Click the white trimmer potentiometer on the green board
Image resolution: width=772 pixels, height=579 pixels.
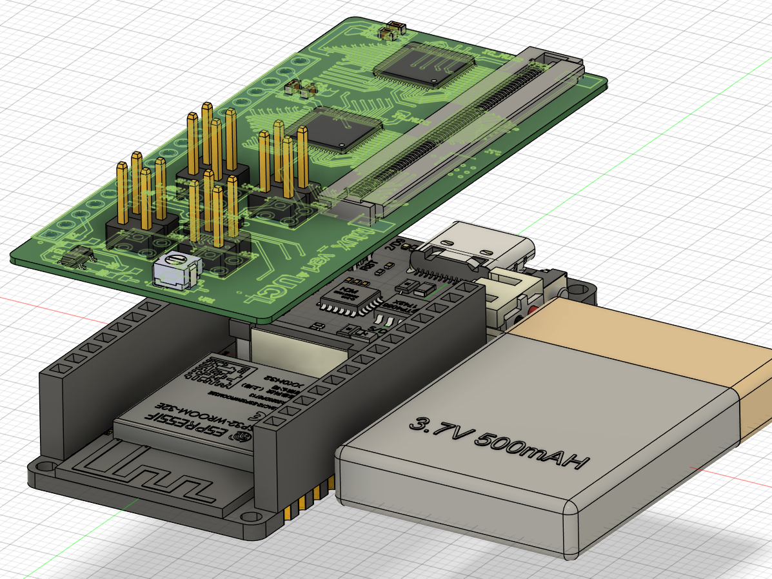[x=176, y=270]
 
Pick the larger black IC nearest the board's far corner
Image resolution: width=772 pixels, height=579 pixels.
[x=426, y=65]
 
